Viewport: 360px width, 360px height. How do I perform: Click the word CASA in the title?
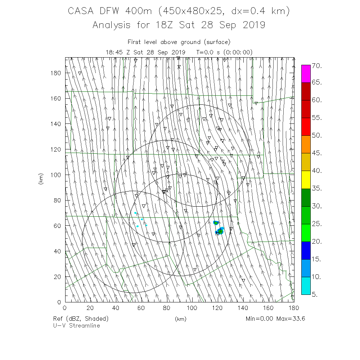[81, 12]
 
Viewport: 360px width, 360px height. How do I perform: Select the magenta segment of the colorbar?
[306, 74]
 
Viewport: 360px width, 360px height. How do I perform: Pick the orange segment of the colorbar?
[306, 144]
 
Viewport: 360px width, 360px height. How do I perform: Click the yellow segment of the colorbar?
[306, 180]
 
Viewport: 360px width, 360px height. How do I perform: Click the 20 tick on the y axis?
[58, 276]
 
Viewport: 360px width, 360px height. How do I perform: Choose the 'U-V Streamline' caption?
[76, 325]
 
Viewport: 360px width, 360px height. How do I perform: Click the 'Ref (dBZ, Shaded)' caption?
[81, 319]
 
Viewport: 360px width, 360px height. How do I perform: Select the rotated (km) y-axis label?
[41, 179]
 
